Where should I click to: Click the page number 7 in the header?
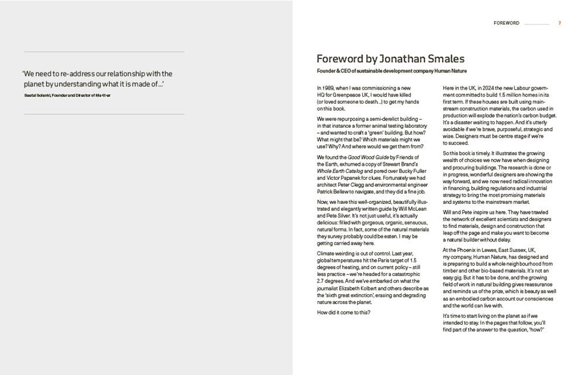tap(560, 23)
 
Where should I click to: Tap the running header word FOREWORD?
tap(507, 23)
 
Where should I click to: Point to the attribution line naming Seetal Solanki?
tap(66, 94)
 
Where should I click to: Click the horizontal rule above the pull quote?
tap(103, 52)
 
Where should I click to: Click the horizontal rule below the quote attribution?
tap(103, 114)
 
